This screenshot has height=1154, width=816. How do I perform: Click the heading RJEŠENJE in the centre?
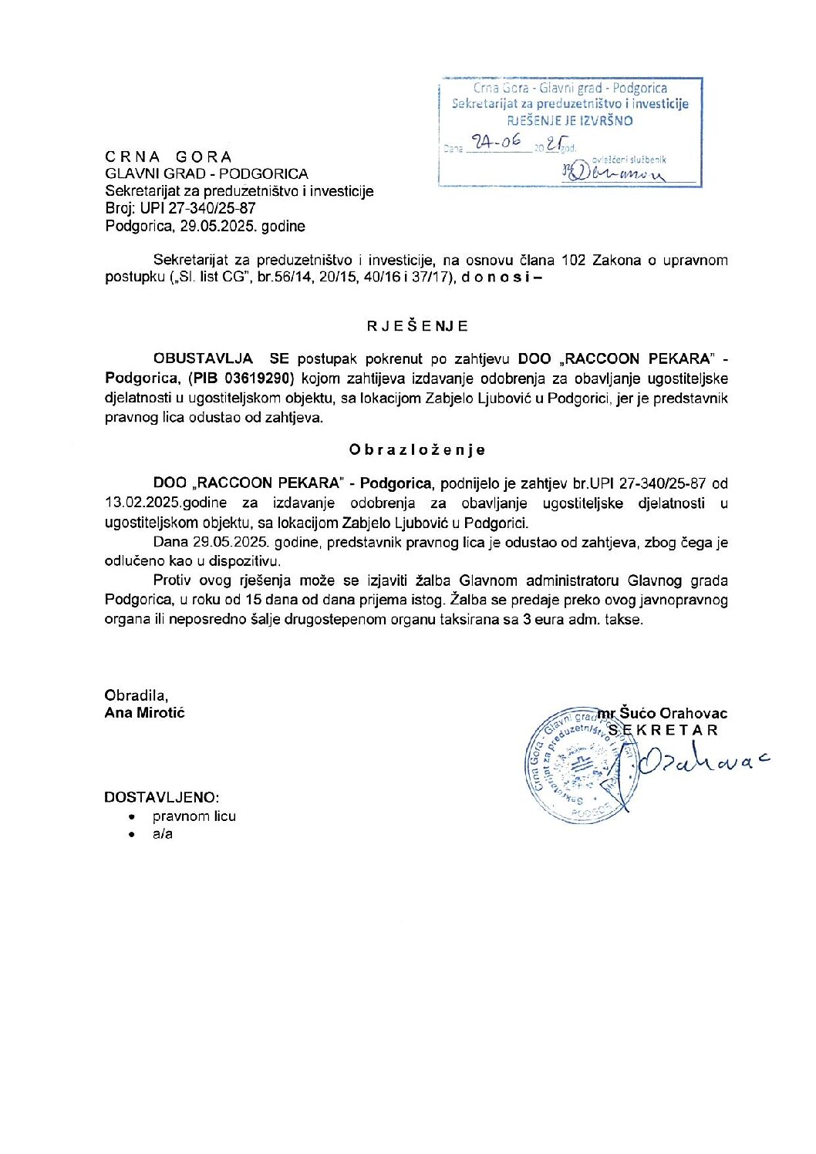tap(417, 326)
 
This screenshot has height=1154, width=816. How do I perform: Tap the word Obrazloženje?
tap(416, 449)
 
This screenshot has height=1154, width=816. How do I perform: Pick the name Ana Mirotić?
tap(145, 712)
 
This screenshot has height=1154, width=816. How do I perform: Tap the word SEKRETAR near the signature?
tap(663, 730)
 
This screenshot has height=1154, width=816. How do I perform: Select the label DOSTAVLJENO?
tap(162, 797)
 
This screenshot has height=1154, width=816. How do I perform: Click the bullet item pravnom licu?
tap(194, 816)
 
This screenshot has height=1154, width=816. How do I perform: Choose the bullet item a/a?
tap(163, 834)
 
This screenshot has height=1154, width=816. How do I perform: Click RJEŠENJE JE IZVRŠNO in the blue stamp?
tap(569, 120)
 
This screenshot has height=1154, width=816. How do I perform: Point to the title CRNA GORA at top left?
tap(169, 156)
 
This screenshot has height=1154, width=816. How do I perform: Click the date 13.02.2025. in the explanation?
tap(143, 503)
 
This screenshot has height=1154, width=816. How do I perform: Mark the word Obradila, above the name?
tap(136, 695)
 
